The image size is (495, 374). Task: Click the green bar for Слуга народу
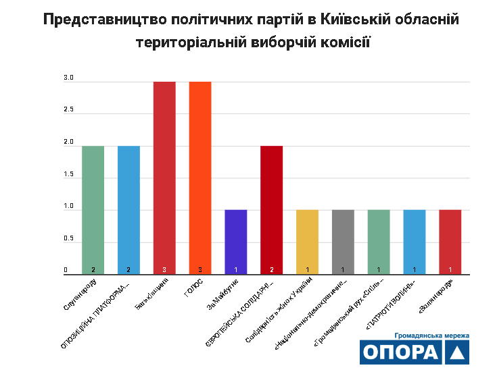93,209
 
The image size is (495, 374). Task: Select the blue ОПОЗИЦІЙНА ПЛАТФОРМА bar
128,209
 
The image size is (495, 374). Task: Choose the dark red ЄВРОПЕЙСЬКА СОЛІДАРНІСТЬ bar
272,209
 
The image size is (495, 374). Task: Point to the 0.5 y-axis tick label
68,238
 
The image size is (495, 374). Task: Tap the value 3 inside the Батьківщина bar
164,270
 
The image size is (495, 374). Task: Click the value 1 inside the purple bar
236,270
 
